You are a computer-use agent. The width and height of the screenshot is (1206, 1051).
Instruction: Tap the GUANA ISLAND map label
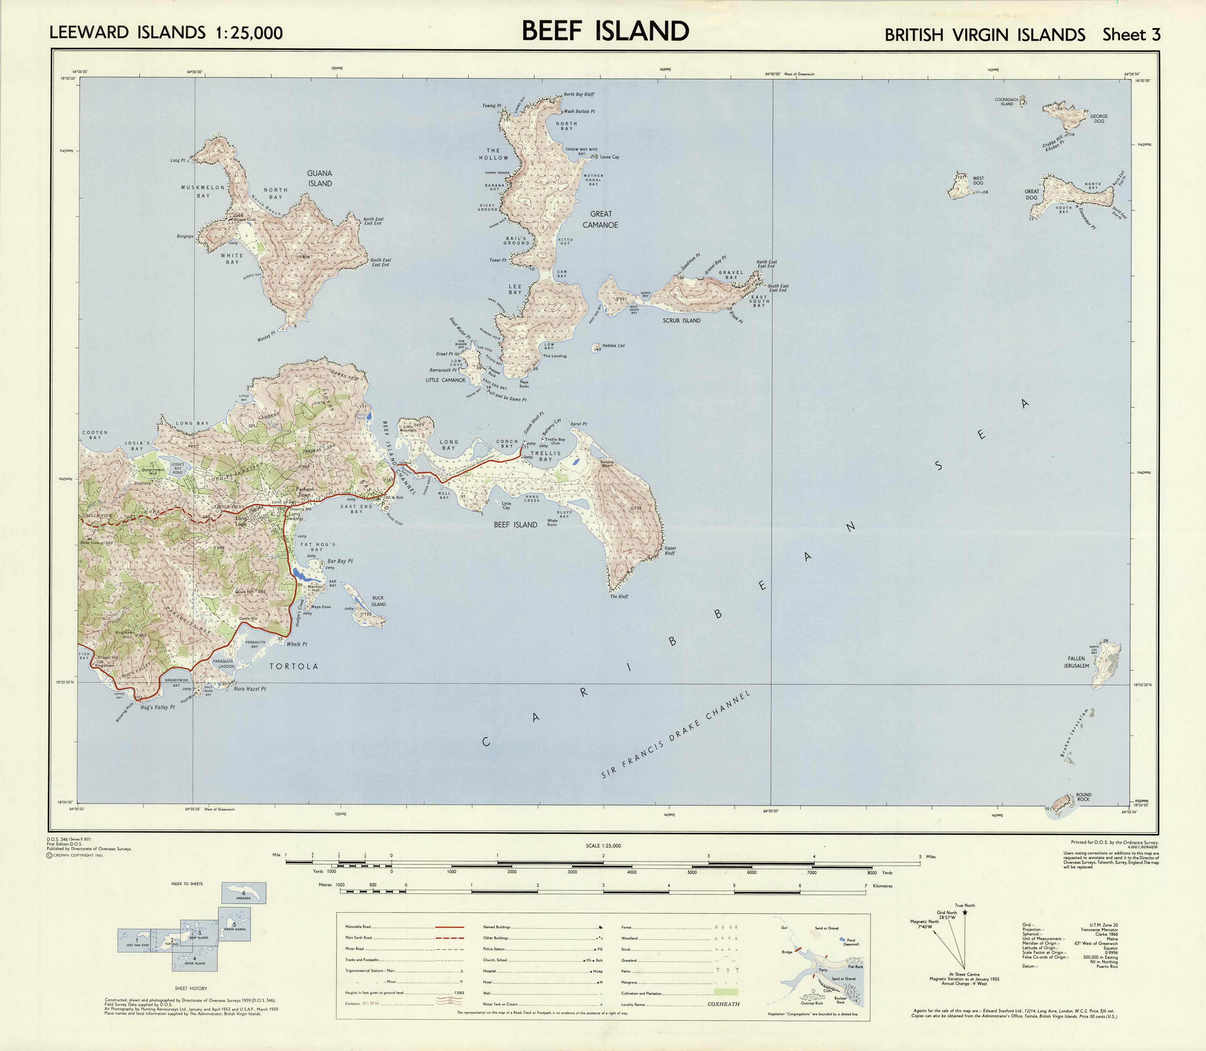(x=319, y=178)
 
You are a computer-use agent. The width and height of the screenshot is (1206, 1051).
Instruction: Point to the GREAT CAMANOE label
(x=600, y=219)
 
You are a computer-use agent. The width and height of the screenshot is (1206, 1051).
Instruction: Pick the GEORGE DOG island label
(x=1099, y=119)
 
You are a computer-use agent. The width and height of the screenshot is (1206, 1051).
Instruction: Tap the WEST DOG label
(x=978, y=181)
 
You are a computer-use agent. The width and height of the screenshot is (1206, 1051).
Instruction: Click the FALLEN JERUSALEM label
(x=1077, y=662)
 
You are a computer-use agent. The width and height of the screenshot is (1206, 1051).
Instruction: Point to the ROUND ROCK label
(x=1083, y=797)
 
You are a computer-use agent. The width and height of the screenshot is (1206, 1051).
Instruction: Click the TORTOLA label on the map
(x=293, y=666)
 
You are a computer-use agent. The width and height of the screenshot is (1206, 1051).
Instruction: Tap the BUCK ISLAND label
(x=378, y=601)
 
